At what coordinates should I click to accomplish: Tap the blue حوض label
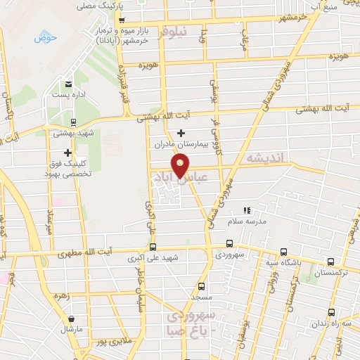point(44,37)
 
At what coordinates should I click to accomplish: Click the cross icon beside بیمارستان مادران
point(181,133)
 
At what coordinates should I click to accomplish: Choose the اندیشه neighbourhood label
point(262,159)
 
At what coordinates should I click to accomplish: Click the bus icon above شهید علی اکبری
point(153,247)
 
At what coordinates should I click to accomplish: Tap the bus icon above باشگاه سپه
point(283,252)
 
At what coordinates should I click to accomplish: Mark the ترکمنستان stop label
point(331,272)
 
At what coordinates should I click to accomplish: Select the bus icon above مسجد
point(202,286)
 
